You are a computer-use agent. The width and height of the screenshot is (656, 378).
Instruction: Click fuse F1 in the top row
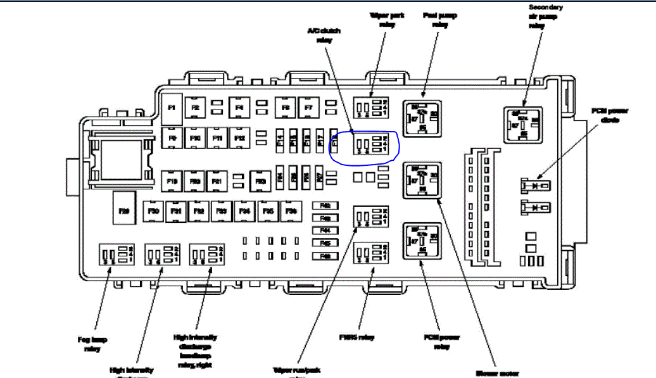(171, 108)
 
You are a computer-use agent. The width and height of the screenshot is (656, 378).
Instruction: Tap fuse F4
(239, 108)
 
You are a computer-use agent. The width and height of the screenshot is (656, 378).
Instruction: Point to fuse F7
(308, 108)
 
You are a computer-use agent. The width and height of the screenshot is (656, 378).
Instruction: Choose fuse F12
(239, 137)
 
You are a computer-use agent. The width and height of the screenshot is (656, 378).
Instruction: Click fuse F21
(217, 182)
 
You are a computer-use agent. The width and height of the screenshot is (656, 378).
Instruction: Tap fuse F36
(290, 211)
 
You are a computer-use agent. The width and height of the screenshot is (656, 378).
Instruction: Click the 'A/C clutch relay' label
(324, 35)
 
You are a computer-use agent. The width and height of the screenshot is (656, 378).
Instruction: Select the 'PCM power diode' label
(610, 115)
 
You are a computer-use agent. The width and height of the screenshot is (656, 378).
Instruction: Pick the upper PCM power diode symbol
(535, 186)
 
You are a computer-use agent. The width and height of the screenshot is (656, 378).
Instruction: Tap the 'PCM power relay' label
(436, 343)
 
